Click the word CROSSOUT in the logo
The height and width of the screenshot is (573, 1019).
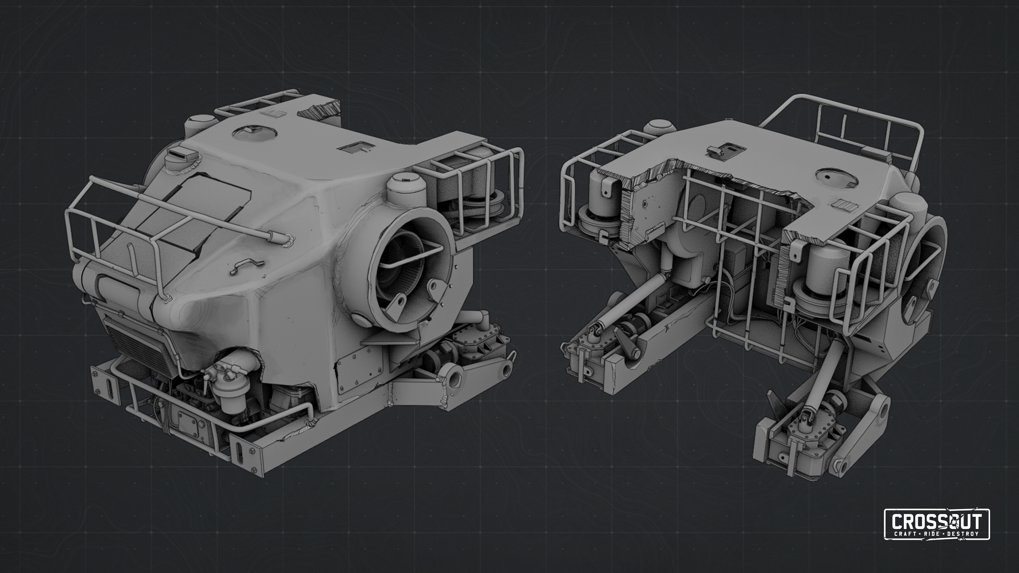pyautogui.click(x=937, y=521)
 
